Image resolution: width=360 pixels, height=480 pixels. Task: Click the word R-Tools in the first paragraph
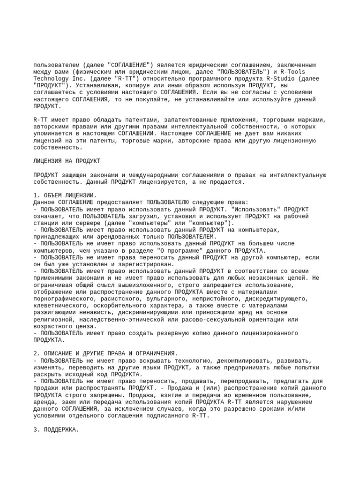pos(292,72)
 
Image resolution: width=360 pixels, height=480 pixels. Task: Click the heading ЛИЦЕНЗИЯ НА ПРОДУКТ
pos(67,161)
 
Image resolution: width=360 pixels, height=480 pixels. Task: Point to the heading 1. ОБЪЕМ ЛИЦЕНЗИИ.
pos(65,195)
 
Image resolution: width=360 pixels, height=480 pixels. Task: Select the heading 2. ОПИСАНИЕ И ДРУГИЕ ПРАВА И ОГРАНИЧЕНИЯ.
pos(105,353)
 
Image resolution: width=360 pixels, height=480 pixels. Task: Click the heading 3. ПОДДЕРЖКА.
pos(56,429)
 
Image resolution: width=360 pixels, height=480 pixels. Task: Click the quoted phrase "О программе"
pos(180,250)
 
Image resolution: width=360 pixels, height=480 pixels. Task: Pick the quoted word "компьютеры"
pos(122,223)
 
